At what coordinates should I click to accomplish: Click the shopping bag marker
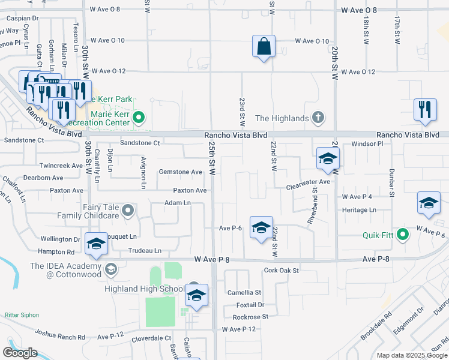(x=264, y=46)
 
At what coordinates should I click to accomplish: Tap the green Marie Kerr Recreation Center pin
(x=140, y=117)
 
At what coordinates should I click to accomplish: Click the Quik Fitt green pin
(x=403, y=234)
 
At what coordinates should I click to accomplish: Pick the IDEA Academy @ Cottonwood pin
(x=110, y=269)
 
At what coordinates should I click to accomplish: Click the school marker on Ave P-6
(x=261, y=228)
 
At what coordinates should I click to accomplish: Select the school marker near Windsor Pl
(x=328, y=159)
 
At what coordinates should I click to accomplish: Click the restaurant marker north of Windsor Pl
(x=424, y=110)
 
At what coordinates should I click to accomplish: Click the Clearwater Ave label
(x=309, y=182)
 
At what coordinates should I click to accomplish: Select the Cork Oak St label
(x=281, y=271)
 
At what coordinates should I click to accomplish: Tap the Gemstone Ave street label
(x=180, y=172)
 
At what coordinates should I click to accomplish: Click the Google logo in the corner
(x=20, y=353)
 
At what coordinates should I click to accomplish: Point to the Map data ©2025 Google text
(x=411, y=355)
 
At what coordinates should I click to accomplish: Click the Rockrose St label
(x=250, y=317)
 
